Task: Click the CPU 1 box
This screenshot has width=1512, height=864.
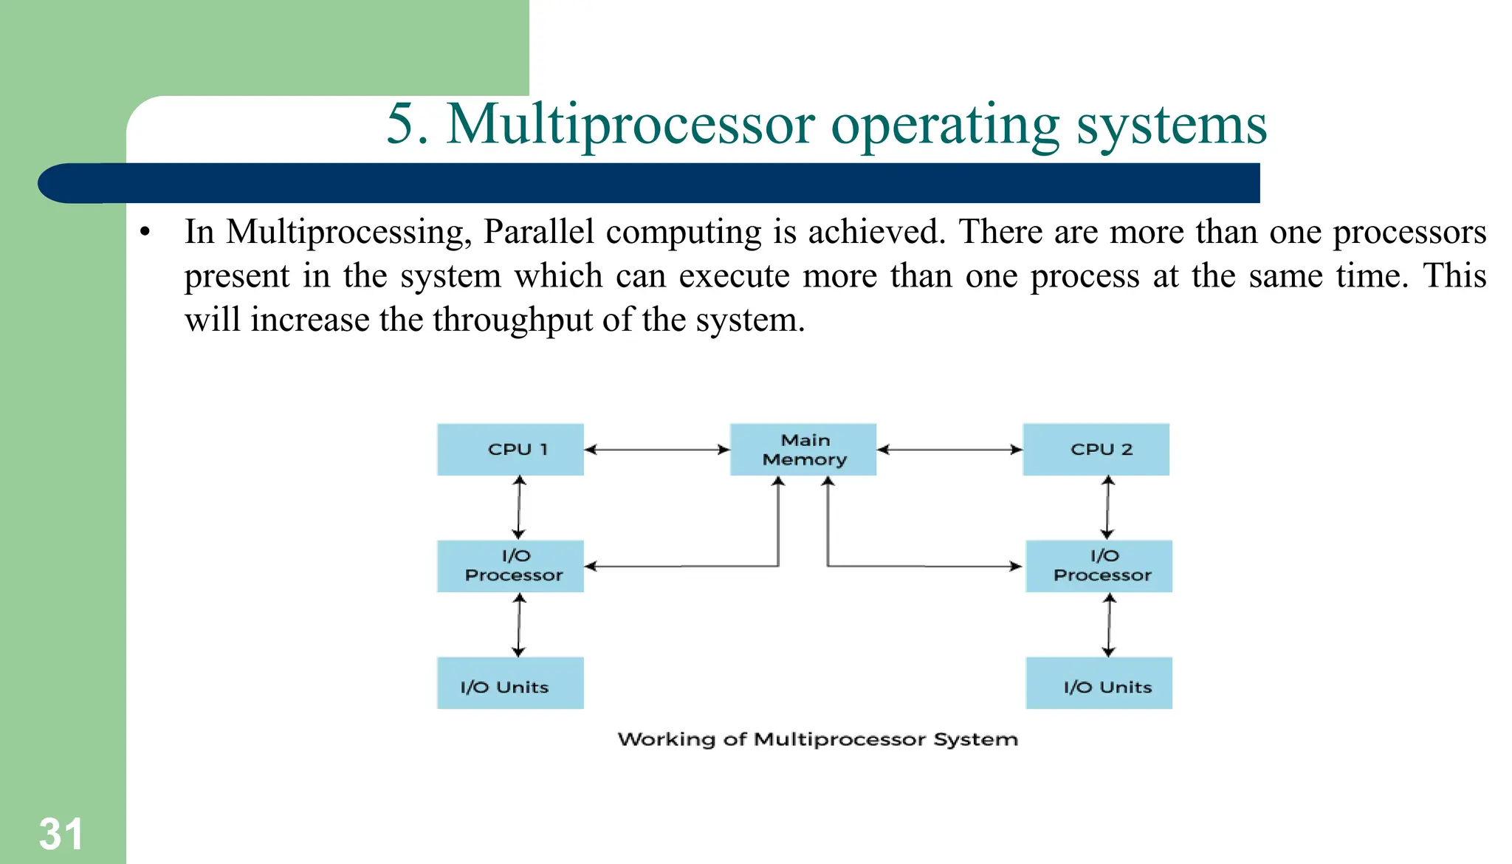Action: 510,449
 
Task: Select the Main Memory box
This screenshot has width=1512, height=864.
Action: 803,449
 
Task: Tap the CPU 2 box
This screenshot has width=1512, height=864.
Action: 1096,449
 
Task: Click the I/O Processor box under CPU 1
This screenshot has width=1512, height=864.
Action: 510,566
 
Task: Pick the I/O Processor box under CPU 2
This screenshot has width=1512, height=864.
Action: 1099,566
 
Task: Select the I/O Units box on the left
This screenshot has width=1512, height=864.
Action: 510,683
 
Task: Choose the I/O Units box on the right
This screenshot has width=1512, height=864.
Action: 1099,683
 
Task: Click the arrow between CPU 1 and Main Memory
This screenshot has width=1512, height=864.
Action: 656,449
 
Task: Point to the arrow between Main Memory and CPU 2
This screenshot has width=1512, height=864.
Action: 949,449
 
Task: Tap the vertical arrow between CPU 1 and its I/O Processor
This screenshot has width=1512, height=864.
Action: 519,507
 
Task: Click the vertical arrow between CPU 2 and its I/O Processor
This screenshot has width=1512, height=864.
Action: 1107,507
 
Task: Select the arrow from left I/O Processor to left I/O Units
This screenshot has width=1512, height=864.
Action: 519,625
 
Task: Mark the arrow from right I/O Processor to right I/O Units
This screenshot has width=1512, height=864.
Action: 1109,625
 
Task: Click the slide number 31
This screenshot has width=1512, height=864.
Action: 61,834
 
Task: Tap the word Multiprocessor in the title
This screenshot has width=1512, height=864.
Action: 630,124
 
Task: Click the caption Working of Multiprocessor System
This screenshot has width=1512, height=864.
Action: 817,739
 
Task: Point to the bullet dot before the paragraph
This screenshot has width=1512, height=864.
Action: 145,233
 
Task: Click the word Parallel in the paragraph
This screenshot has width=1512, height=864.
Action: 538,232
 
